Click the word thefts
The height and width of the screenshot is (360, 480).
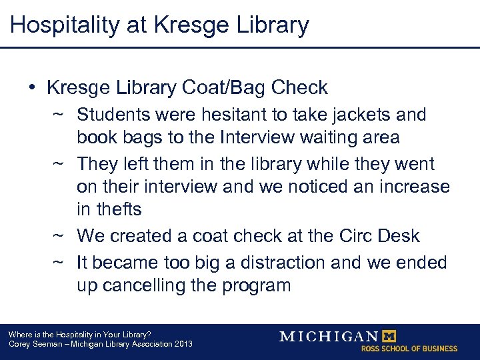point(109,209)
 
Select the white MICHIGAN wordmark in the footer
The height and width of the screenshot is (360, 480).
point(328,336)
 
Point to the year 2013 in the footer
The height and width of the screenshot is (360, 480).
point(182,344)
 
